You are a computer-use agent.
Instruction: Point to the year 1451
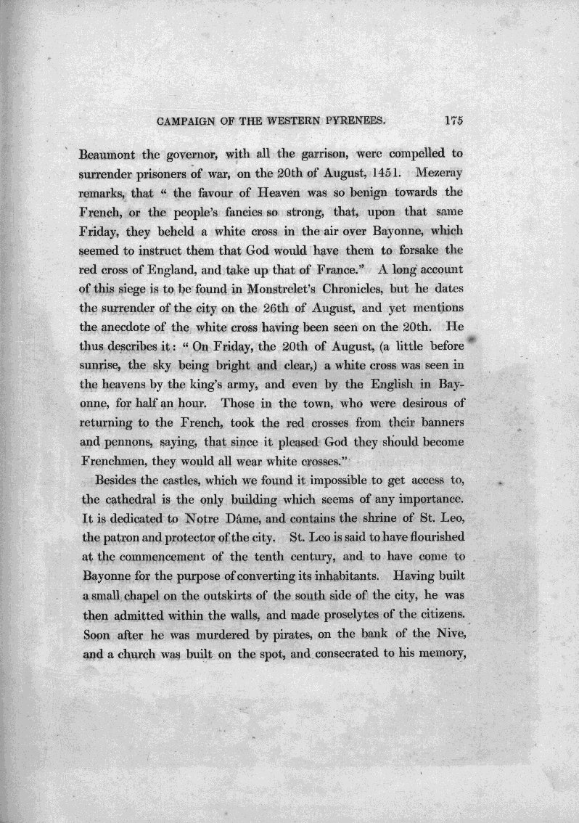379,175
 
